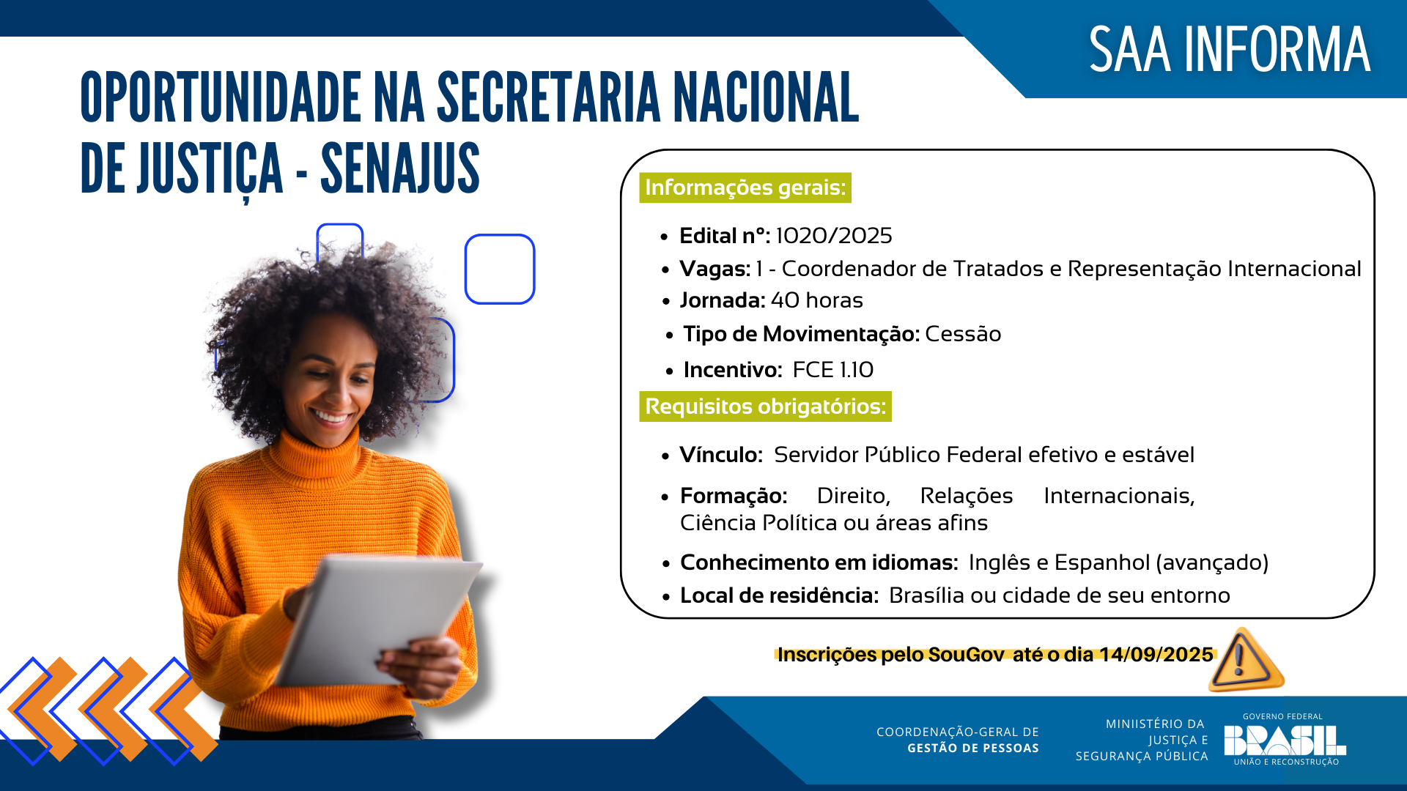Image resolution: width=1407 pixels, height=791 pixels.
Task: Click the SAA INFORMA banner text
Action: coord(1229,50)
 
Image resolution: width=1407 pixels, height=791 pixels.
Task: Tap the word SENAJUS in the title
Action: coord(400,169)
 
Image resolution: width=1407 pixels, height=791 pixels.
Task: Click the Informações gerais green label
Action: coord(745,187)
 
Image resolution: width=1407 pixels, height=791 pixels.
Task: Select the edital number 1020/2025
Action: coord(833,236)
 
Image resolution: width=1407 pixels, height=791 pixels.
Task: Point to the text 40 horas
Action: coord(816,300)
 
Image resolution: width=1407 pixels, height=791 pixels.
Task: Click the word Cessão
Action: coord(962,334)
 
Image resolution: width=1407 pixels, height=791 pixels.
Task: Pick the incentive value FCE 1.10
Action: coord(832,370)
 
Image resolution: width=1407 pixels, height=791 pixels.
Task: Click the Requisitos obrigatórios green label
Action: coord(765,406)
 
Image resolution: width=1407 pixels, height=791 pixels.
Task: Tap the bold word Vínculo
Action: coord(720,455)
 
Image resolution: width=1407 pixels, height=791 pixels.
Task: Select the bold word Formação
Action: coord(733,496)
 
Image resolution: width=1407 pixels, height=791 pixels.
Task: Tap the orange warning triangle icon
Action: coord(1244,661)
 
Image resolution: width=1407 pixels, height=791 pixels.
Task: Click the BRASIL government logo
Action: coord(1284,740)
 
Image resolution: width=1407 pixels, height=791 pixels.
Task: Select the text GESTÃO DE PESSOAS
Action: coord(972,748)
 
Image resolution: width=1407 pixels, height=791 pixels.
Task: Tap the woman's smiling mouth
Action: coord(331,419)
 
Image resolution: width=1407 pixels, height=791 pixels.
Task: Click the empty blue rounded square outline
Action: coord(500,269)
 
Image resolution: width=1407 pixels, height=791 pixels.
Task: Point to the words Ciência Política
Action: coord(758,523)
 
